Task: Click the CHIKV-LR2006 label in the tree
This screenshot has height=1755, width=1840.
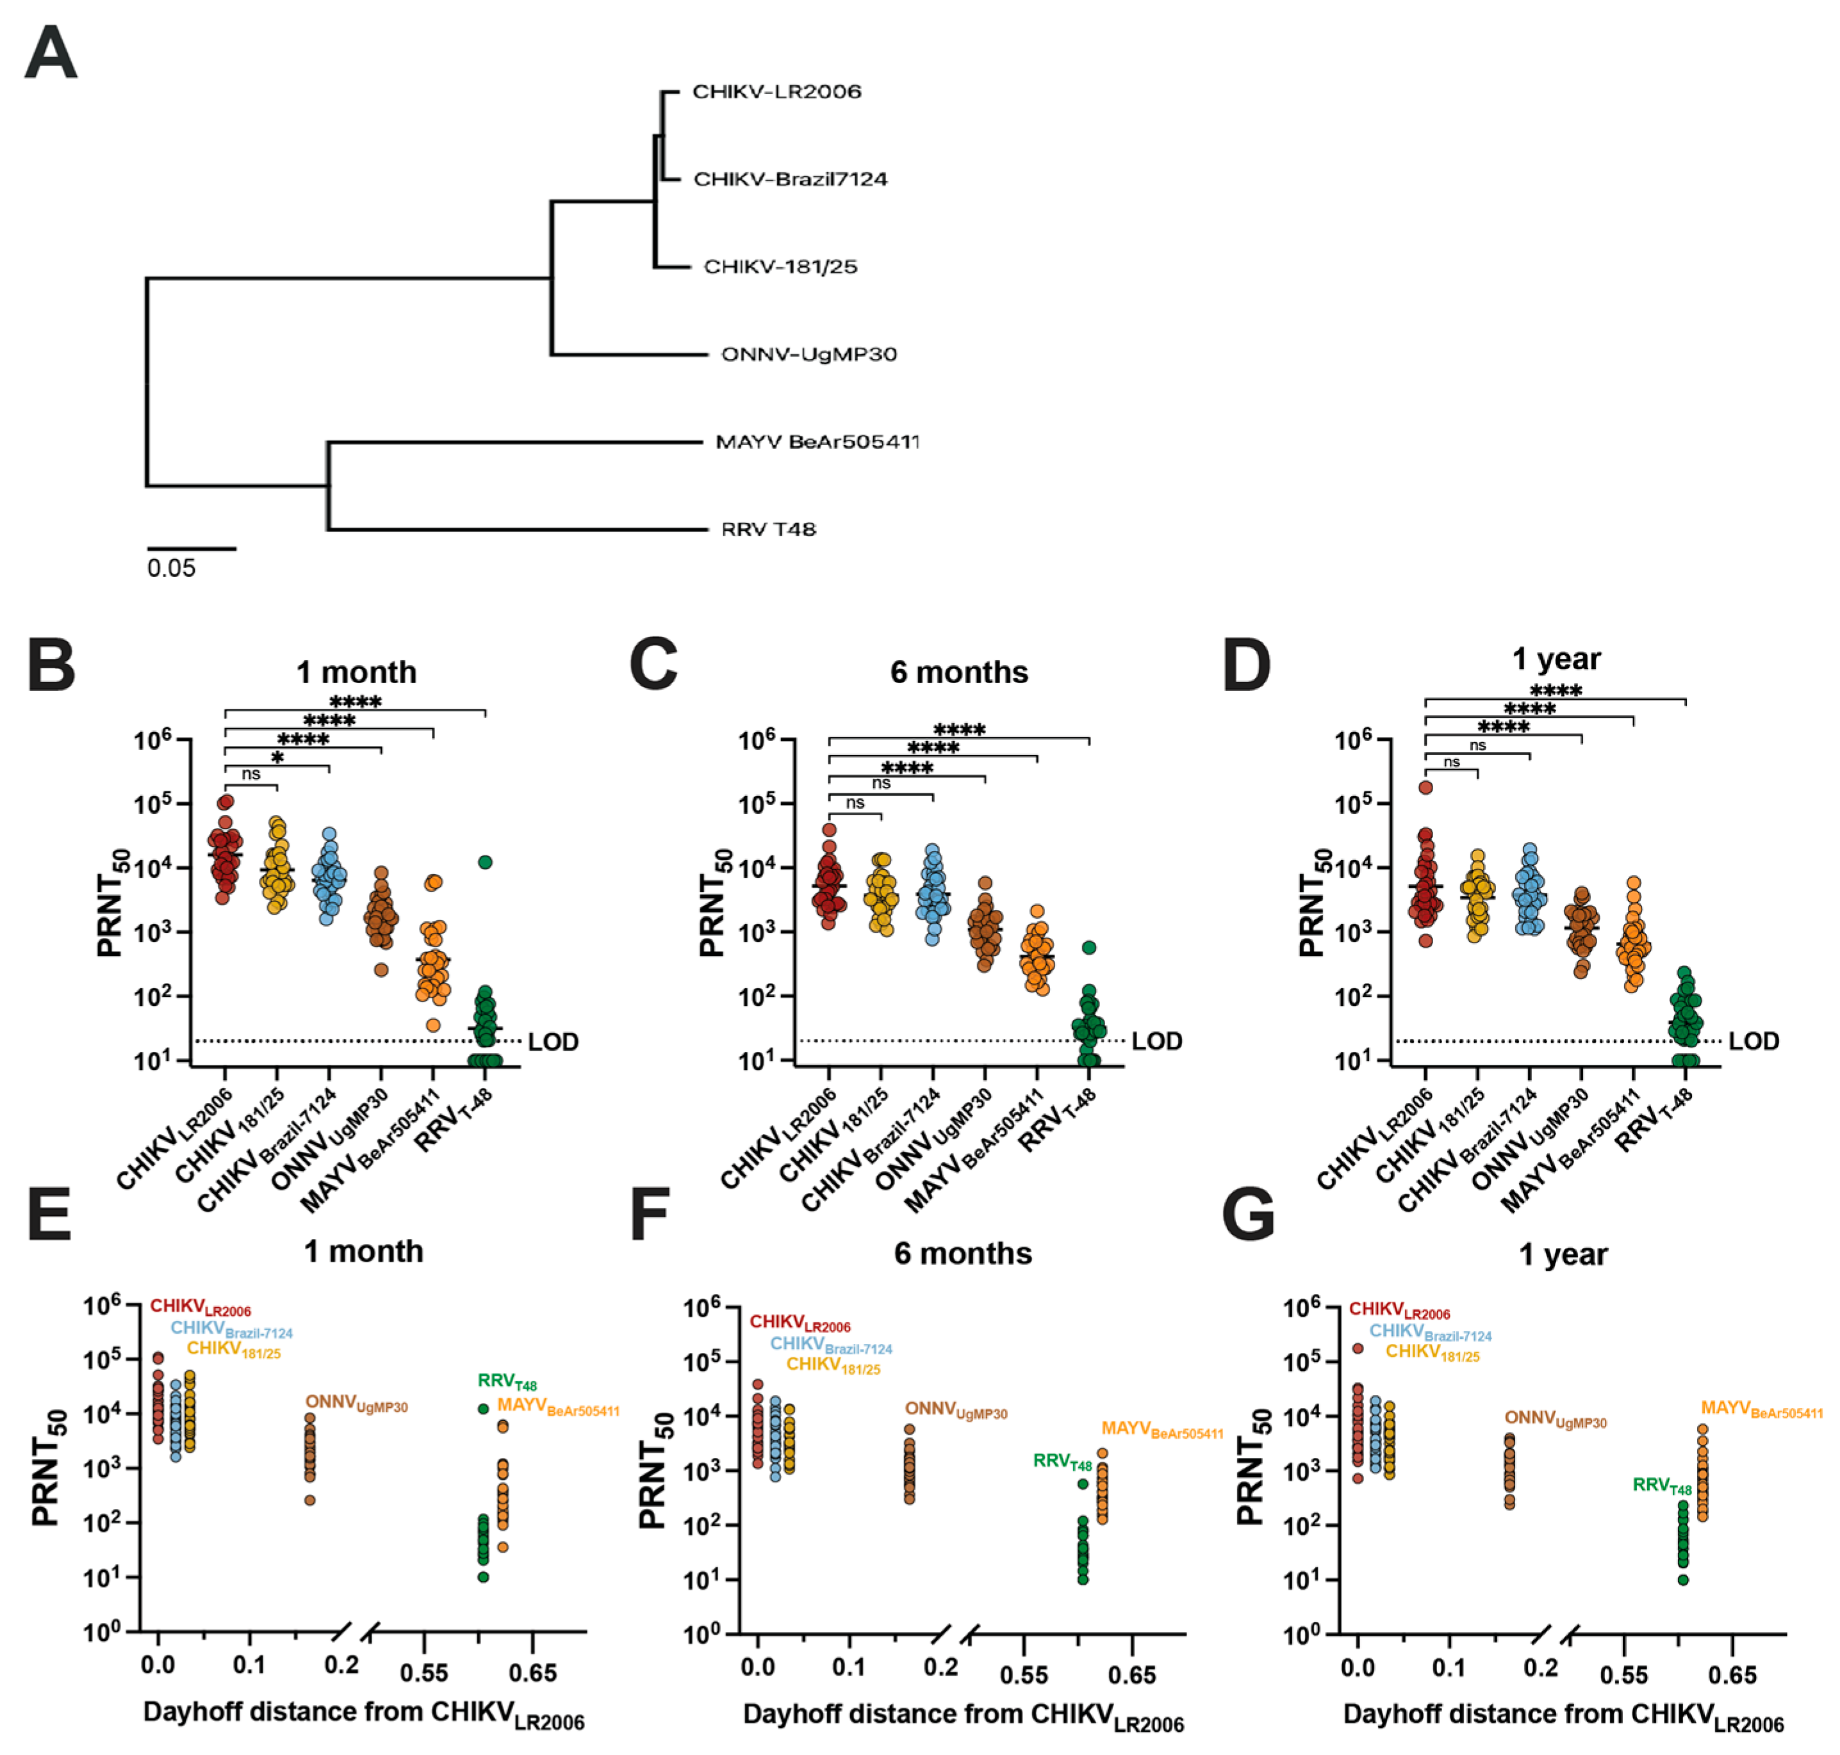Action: [x=776, y=92]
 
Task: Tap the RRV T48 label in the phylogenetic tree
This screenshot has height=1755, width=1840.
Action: [x=768, y=530]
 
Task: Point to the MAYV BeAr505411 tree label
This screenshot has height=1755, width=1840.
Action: [x=816, y=442]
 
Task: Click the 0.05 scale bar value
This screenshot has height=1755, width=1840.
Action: [x=171, y=568]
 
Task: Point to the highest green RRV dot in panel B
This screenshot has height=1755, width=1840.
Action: [x=485, y=862]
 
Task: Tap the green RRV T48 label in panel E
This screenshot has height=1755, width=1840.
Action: [x=506, y=1382]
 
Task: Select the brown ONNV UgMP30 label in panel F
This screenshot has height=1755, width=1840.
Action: [x=955, y=1410]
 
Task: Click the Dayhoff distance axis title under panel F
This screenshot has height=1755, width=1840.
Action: [x=962, y=1716]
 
